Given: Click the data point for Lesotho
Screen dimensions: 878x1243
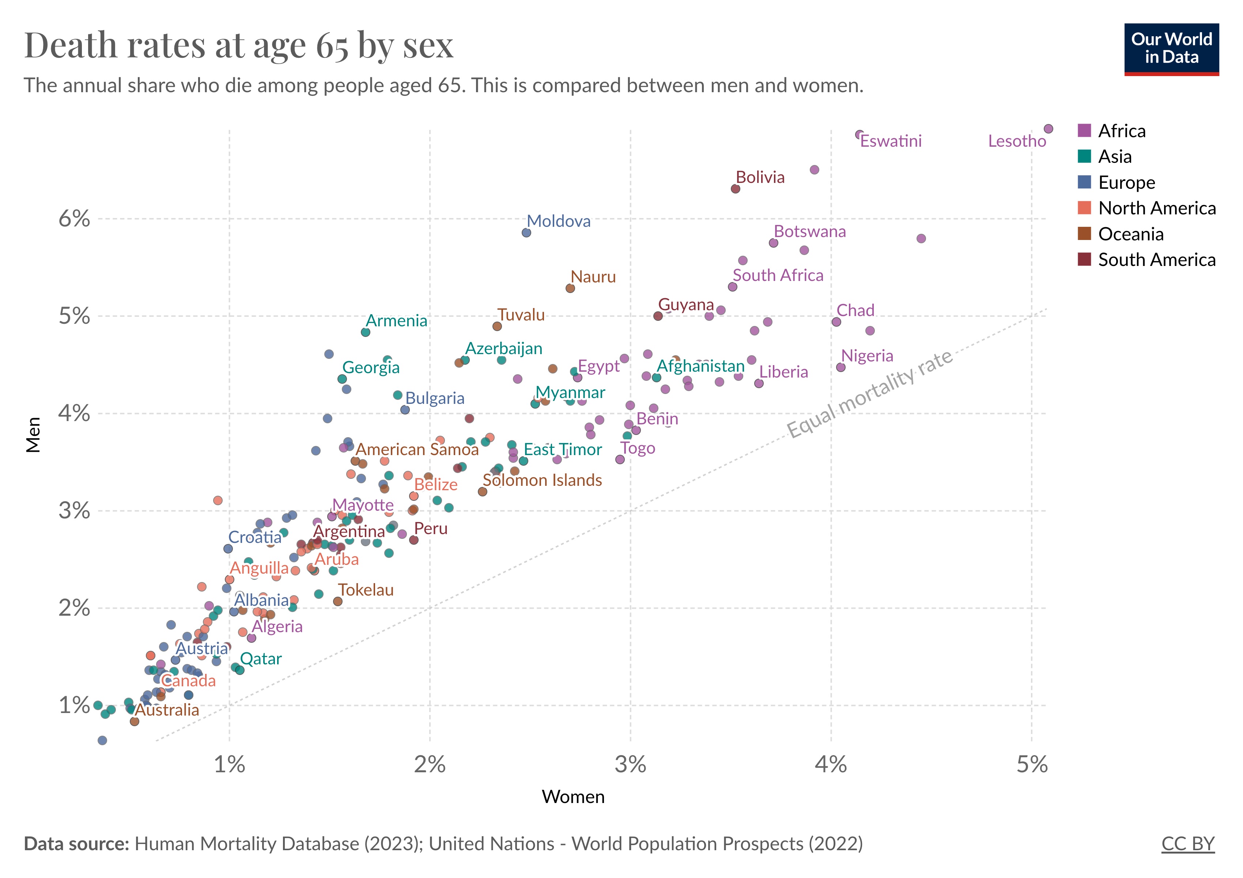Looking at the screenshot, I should pyautogui.click(x=1048, y=129).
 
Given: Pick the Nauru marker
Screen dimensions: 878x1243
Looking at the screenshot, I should pyautogui.click(x=570, y=289).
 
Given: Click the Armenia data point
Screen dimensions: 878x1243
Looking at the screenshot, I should pyautogui.click(x=366, y=333).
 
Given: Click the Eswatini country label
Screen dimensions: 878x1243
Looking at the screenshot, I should pyautogui.click(x=891, y=141).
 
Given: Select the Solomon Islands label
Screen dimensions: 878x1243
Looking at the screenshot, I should pyautogui.click(x=542, y=480).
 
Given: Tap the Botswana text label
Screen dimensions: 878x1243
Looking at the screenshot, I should pyautogui.click(x=809, y=232).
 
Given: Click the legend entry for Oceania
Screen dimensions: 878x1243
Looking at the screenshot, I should pyautogui.click(x=1130, y=234).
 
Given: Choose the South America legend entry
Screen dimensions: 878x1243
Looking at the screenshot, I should pyautogui.click(x=1156, y=260).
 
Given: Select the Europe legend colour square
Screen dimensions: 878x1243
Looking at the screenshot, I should pyautogui.click(x=1084, y=183).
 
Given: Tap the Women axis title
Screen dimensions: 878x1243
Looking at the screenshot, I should pyautogui.click(x=573, y=797).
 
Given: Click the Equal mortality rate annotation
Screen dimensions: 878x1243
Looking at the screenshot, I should pyautogui.click(x=869, y=393).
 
